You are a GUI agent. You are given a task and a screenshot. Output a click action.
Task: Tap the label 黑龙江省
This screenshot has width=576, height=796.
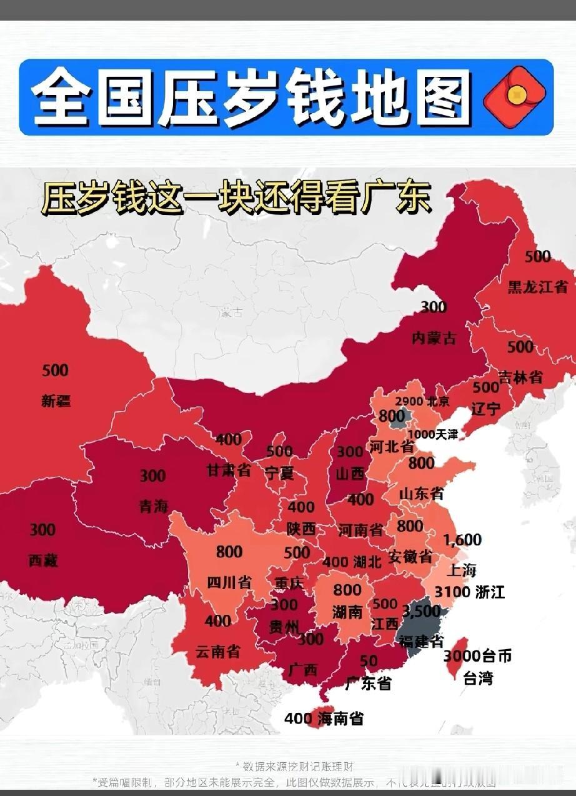click(537, 286)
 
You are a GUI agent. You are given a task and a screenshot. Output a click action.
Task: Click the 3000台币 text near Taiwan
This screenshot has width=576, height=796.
click(477, 656)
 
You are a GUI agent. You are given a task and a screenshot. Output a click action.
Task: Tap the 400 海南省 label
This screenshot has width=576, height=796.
click(323, 719)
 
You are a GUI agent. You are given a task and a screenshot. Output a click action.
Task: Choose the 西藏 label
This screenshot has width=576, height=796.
click(43, 560)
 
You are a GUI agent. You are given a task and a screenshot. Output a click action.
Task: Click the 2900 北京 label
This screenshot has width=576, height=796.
click(422, 402)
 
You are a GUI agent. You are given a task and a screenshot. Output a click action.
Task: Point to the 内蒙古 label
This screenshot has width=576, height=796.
click(434, 339)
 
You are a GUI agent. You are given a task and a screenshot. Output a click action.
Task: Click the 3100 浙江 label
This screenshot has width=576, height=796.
click(469, 591)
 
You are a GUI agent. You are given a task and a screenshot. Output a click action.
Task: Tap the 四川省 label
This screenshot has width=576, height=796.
click(229, 583)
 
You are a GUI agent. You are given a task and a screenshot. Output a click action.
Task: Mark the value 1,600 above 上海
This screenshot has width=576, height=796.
click(462, 540)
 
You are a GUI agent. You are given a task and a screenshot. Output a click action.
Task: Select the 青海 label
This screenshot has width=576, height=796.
click(153, 506)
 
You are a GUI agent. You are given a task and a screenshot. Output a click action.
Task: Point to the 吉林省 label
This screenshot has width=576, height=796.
click(520, 377)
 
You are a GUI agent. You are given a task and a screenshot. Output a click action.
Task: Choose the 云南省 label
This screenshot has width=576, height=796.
click(217, 652)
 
